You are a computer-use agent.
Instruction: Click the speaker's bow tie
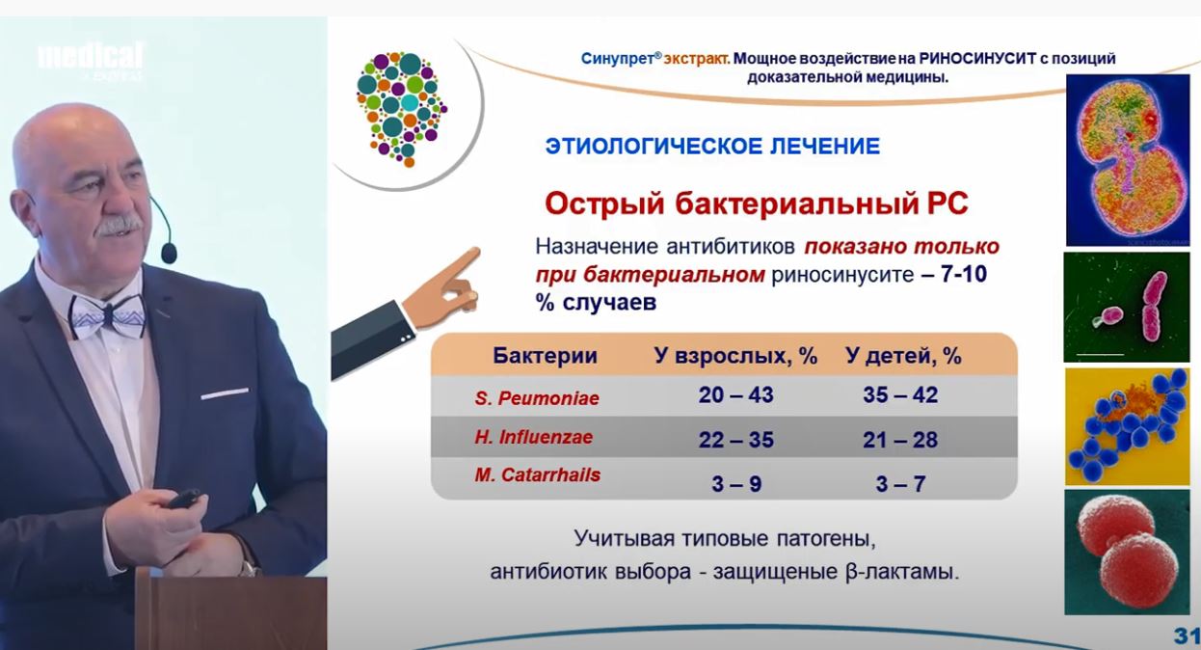click(x=107, y=315)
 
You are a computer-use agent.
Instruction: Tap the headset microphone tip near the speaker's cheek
click(x=169, y=253)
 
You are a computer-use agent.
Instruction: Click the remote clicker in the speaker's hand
click(x=183, y=499)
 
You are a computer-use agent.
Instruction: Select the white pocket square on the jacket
click(x=225, y=393)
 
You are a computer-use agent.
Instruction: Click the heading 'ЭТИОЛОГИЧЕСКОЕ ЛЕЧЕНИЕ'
click(x=712, y=146)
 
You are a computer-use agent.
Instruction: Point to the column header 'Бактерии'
click(x=545, y=355)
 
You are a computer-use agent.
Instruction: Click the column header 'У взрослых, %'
click(x=735, y=356)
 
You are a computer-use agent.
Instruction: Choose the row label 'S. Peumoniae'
click(x=537, y=398)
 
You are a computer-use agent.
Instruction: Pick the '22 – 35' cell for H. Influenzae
click(x=736, y=440)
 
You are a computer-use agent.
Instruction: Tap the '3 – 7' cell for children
click(x=900, y=484)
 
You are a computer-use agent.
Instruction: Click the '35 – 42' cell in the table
click(x=900, y=394)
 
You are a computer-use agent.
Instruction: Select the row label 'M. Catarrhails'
click(x=537, y=474)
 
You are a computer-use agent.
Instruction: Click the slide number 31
click(x=1186, y=636)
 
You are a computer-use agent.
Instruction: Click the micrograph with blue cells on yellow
click(x=1127, y=426)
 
